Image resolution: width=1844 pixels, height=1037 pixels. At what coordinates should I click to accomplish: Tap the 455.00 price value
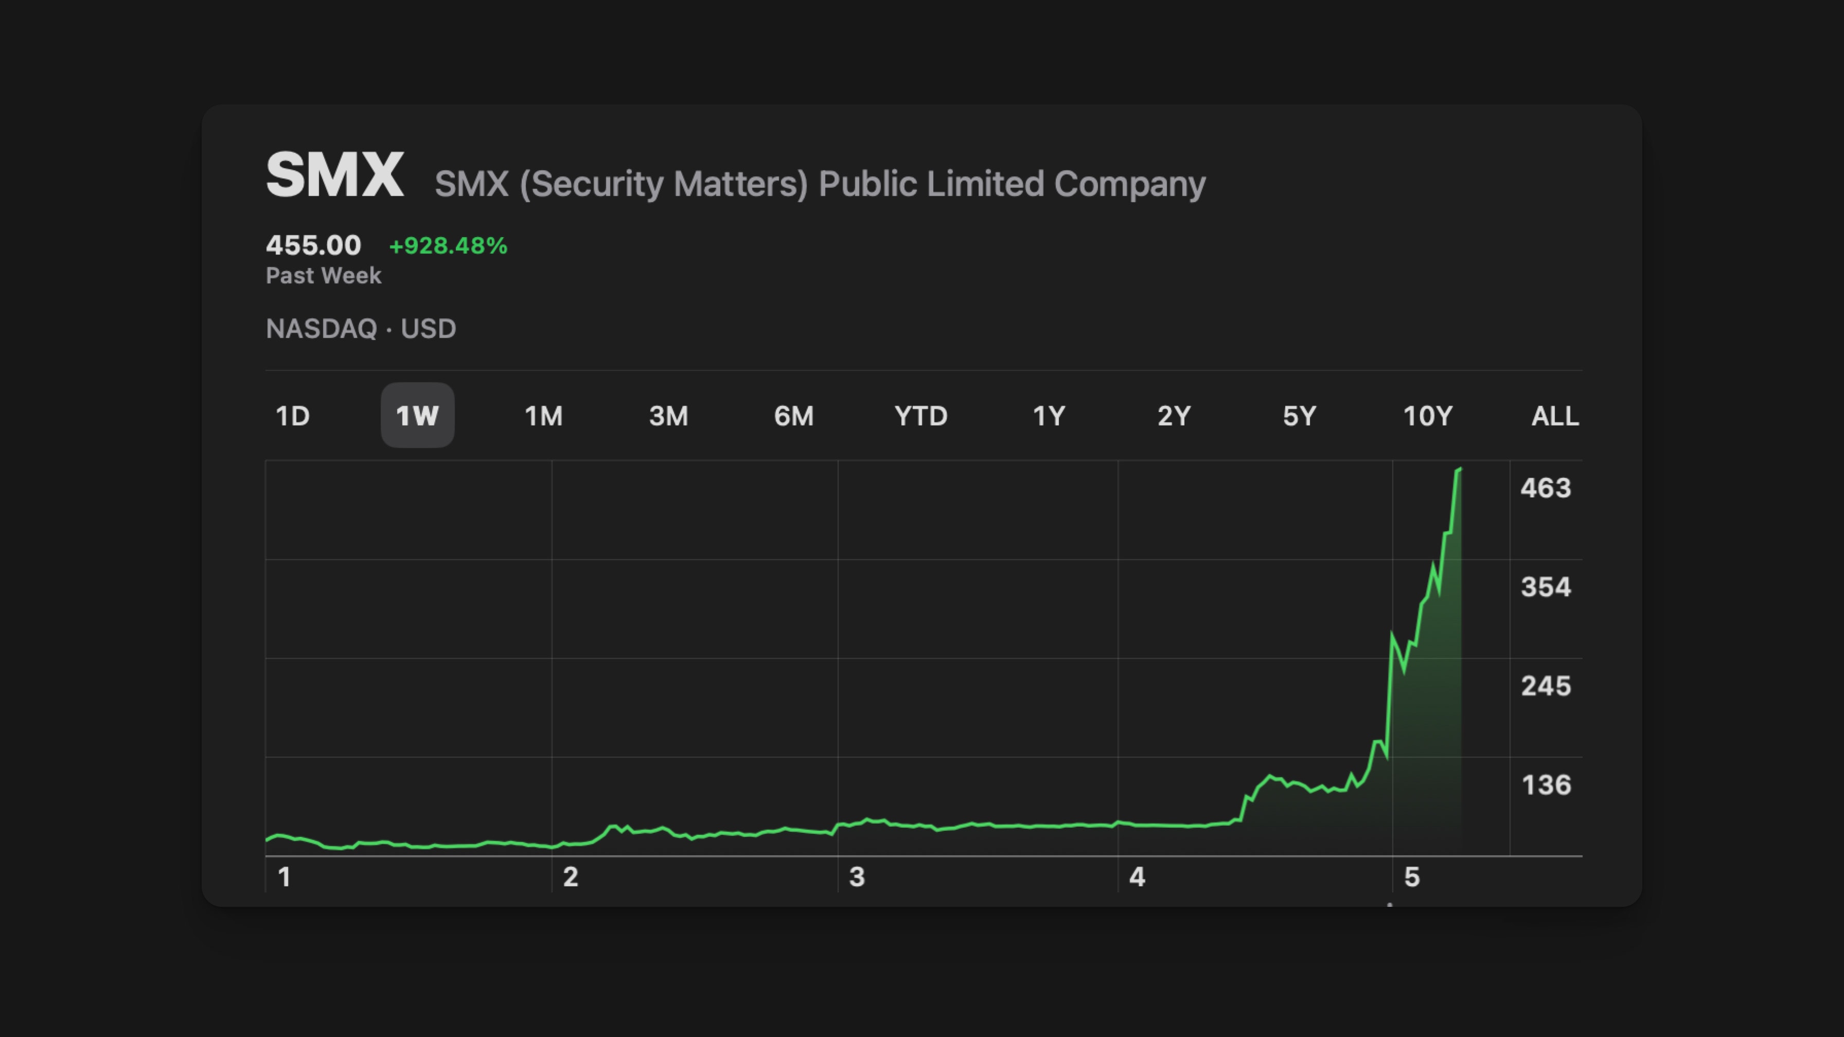(313, 245)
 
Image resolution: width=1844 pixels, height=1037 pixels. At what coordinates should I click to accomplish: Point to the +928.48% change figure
(448, 245)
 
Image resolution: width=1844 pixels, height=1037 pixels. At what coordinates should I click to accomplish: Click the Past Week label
(324, 276)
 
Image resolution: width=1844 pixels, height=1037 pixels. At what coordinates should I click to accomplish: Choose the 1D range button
(293, 416)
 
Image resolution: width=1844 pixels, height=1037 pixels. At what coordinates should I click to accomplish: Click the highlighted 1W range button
(417, 416)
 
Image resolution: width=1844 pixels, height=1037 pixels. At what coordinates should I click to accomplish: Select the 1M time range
(543, 416)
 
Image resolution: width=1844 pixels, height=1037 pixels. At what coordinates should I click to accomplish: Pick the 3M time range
(668, 416)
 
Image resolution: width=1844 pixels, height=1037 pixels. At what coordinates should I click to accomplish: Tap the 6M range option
(794, 416)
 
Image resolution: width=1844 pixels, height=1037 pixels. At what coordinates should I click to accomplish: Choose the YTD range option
(920, 416)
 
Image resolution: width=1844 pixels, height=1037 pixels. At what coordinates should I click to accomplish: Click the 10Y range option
(1427, 416)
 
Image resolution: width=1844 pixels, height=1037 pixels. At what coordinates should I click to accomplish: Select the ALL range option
(1555, 416)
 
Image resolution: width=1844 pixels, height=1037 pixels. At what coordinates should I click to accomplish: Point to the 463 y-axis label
(1546, 488)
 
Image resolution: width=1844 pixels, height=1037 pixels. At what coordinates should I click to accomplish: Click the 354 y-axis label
(1546, 587)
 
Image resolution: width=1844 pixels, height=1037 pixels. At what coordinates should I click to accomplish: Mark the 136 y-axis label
(1546, 785)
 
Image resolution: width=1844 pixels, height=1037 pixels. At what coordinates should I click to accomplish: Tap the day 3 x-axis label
(857, 877)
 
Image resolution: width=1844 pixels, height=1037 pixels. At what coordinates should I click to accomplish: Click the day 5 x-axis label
(1412, 877)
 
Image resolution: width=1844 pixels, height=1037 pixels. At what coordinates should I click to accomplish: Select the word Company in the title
(1129, 184)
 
